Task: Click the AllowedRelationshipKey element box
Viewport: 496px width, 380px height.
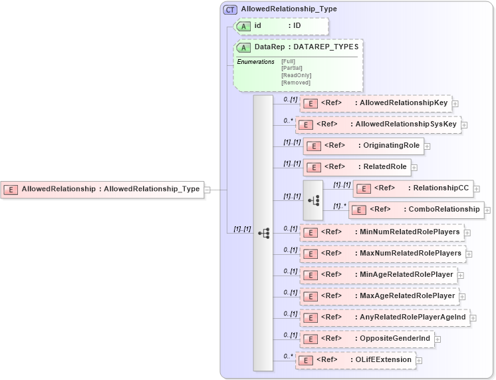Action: [x=376, y=103]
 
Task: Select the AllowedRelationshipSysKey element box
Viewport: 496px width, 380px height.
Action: [x=378, y=124]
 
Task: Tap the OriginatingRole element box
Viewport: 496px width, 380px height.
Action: [x=363, y=146]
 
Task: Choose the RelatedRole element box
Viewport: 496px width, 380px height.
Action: [x=356, y=167]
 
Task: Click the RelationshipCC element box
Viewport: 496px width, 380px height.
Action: [x=412, y=188]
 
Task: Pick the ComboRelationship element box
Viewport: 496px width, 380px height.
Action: [x=416, y=210]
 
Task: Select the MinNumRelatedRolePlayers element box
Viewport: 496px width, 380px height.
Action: [x=382, y=232]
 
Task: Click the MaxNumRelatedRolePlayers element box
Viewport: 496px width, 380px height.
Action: [x=382, y=254]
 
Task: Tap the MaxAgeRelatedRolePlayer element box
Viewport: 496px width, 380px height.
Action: [x=379, y=296]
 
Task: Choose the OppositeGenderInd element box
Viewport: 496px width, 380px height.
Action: [x=367, y=339]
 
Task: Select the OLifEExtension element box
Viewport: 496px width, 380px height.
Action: [x=356, y=360]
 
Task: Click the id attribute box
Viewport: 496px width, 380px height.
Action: [x=280, y=26]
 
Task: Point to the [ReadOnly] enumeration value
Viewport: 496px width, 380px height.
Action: [x=296, y=75]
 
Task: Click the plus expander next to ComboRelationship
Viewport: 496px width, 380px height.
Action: [x=488, y=210]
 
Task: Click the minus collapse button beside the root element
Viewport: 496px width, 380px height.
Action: [x=207, y=189]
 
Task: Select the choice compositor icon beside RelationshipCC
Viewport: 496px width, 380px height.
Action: [x=312, y=200]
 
